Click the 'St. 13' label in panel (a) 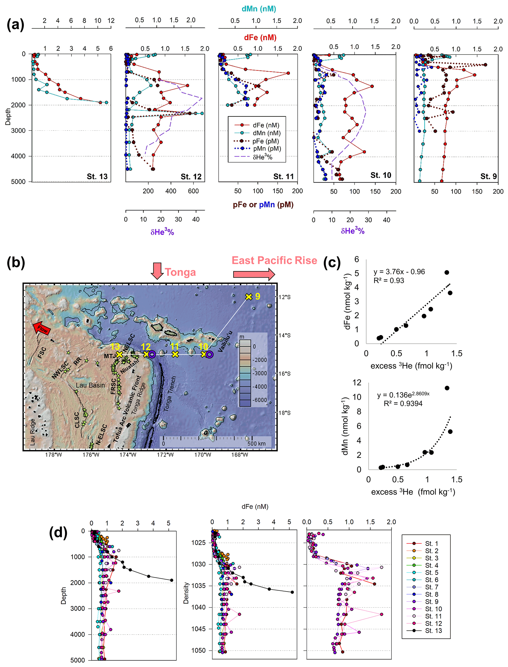[x=97, y=176]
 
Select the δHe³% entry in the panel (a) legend [x=262, y=157]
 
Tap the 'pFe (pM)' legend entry [x=265, y=141]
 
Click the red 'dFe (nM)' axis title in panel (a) [x=260, y=38]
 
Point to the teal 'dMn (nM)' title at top [x=259, y=9]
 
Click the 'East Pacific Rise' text [x=274, y=260]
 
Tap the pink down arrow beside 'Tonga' [x=157, y=270]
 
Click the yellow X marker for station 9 [x=248, y=297]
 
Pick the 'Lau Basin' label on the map [x=90, y=385]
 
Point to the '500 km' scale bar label [x=256, y=444]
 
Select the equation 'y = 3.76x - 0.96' [x=399, y=272]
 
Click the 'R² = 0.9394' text [x=403, y=403]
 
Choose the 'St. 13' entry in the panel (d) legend [x=433, y=630]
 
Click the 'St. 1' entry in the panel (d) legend [x=431, y=544]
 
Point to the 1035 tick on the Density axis [x=198, y=586]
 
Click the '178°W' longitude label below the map [x=54, y=455]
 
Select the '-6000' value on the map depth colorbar [x=260, y=400]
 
